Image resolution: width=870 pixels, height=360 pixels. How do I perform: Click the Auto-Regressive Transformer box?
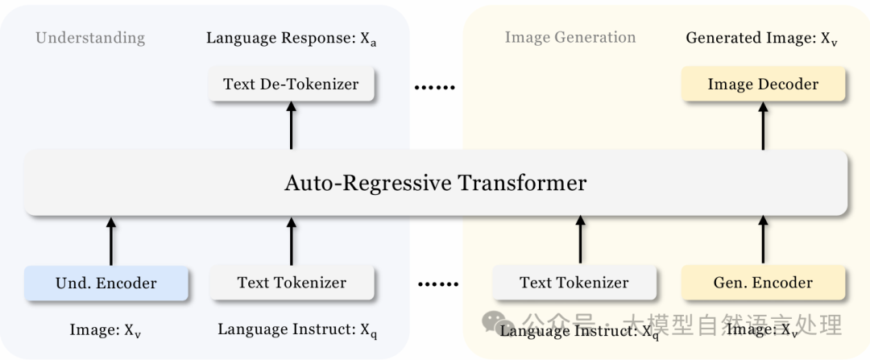pyautogui.click(x=436, y=183)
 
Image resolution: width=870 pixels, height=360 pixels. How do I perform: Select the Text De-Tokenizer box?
pyautogui.click(x=292, y=84)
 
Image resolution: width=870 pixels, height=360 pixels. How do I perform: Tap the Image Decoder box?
pyautogui.click(x=763, y=84)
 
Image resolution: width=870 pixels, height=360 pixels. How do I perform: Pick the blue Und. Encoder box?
pyautogui.click(x=106, y=283)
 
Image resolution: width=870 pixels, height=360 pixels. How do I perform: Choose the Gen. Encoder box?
pyautogui.click(x=763, y=283)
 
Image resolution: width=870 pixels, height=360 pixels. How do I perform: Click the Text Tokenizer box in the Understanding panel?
pyautogui.click(x=292, y=283)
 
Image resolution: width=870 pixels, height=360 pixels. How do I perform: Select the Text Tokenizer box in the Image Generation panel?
pyautogui.click(x=574, y=283)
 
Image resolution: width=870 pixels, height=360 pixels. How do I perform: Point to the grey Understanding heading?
pyautogui.click(x=90, y=39)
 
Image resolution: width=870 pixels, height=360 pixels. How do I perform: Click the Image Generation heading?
pyautogui.click(x=570, y=38)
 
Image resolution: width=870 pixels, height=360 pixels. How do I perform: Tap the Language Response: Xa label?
pyautogui.click(x=292, y=39)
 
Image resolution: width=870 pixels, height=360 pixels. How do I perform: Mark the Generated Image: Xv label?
pyautogui.click(x=761, y=39)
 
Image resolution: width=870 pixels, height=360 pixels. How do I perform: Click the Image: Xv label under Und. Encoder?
pyautogui.click(x=106, y=330)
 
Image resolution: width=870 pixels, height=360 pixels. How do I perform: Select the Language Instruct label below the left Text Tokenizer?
pyautogui.click(x=298, y=330)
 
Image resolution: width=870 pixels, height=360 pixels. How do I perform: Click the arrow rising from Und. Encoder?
pyautogui.click(x=111, y=241)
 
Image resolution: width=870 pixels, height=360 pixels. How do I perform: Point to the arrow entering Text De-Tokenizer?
pyautogui.click(x=292, y=125)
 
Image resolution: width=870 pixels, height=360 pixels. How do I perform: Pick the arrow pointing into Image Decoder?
pyautogui.click(x=763, y=125)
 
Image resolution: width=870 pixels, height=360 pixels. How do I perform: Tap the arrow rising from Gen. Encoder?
pyautogui.click(x=763, y=240)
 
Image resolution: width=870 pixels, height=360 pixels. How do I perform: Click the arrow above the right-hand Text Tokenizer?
pyautogui.click(x=580, y=240)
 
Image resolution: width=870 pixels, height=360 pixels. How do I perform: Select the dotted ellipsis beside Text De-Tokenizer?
pyautogui.click(x=435, y=87)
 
